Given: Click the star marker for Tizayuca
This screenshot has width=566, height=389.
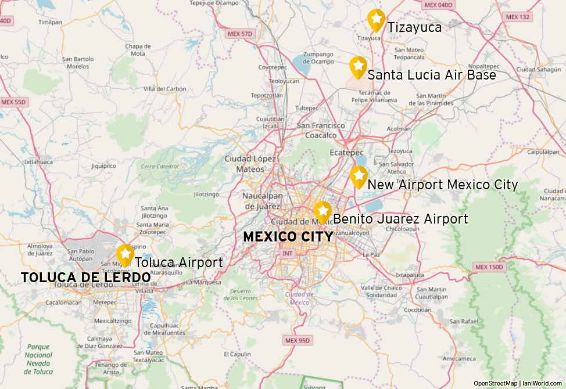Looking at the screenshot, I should pyautogui.click(x=377, y=20).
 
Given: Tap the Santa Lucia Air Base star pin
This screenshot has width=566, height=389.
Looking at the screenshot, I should pyautogui.click(x=358, y=67).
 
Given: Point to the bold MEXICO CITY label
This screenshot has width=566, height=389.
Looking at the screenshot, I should pyautogui.click(x=288, y=237).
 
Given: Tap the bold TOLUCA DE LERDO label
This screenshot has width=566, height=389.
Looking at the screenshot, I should pyautogui.click(x=85, y=278).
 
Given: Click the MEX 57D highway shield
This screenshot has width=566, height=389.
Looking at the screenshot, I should pyautogui.click(x=241, y=34).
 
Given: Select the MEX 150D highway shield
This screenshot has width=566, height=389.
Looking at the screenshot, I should pyautogui.click(x=489, y=268).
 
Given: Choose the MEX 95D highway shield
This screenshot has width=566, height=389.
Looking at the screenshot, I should pyautogui.click(x=298, y=340).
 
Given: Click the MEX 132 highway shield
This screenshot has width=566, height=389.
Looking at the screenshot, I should pyautogui.click(x=518, y=17).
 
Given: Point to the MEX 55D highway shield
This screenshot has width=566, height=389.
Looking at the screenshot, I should pyautogui.click(x=13, y=102).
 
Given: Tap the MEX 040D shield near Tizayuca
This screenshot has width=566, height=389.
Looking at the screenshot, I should pyautogui.click(x=438, y=5).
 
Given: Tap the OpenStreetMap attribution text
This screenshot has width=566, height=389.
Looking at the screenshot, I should pyautogui.click(x=495, y=383).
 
